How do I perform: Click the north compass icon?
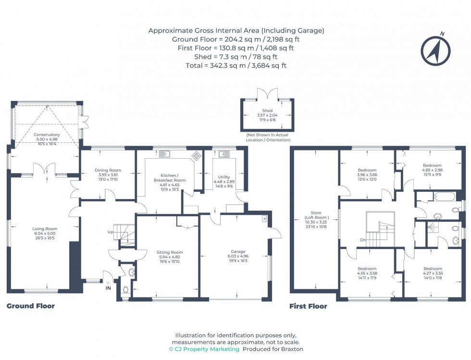click(x=435, y=50)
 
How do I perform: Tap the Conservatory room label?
click(x=47, y=135)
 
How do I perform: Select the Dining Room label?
click(x=108, y=170)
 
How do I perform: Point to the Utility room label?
click(x=224, y=177)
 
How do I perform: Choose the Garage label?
click(x=238, y=251)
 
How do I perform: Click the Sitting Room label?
click(x=170, y=252)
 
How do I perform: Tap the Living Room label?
click(x=45, y=229)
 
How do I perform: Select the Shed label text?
click(x=267, y=111)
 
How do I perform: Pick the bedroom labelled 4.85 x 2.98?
click(x=432, y=164)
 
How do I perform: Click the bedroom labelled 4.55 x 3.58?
click(x=367, y=269)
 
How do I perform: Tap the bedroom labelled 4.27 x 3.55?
click(x=433, y=269)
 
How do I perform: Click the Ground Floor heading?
click(x=31, y=306)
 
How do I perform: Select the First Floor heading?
click(x=308, y=306)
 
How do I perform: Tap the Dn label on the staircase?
click(x=363, y=240)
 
